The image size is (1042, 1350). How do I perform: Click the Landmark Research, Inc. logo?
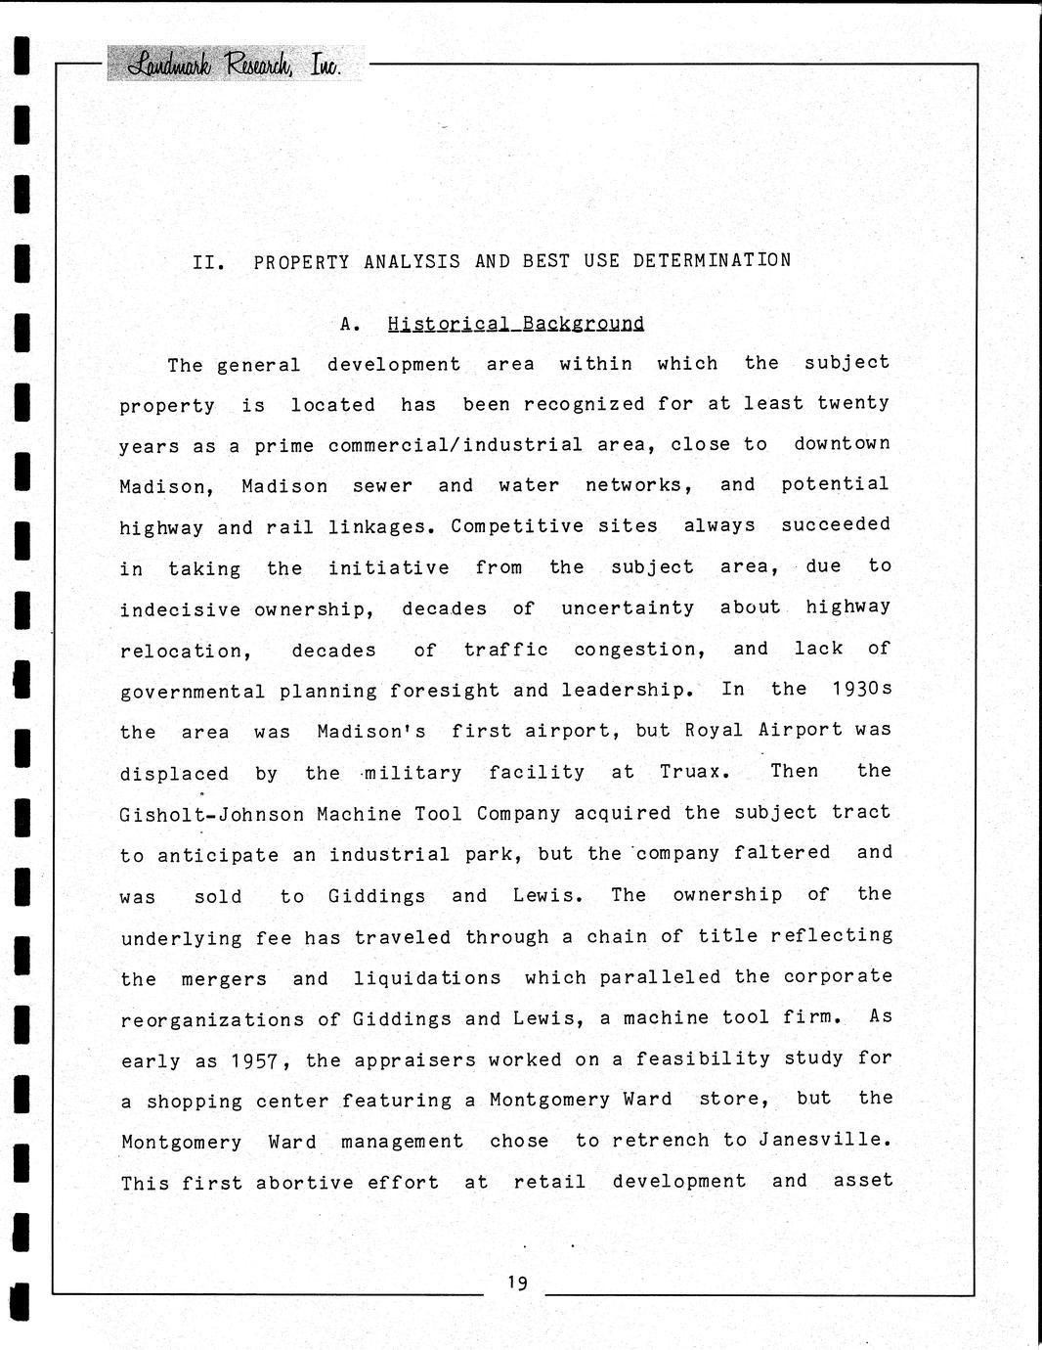click(x=235, y=64)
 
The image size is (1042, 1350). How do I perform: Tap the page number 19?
click(x=517, y=1282)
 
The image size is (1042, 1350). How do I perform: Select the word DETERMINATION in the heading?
click(x=712, y=260)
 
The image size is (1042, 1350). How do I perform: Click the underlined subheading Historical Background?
click(x=515, y=324)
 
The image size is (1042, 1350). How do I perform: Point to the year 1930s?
click(x=862, y=689)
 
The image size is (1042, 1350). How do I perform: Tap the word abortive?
click(x=305, y=1182)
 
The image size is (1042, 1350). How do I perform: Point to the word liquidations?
click(x=426, y=978)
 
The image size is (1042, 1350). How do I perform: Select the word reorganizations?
click(x=212, y=1020)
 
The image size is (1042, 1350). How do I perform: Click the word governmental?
click(x=192, y=692)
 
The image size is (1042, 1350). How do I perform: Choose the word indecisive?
click(x=180, y=609)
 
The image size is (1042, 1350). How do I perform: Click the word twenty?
click(x=853, y=403)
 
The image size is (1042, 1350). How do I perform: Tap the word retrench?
click(x=661, y=1140)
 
